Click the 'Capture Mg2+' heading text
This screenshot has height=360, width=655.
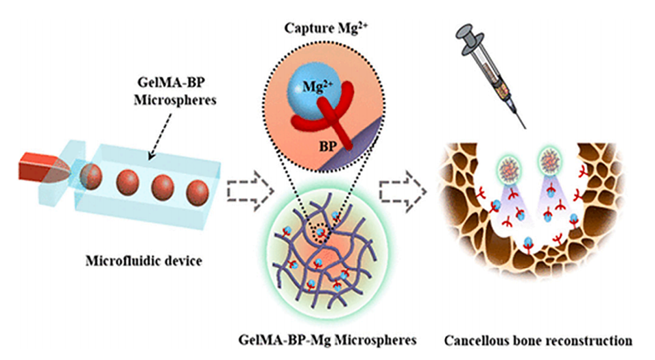pyautogui.click(x=320, y=29)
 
